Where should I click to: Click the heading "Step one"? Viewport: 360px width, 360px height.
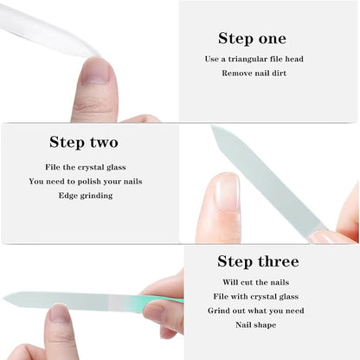252,38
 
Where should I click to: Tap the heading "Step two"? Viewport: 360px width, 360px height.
84,142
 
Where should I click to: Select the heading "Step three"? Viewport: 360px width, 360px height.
258,261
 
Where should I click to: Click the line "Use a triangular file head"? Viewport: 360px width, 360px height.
254,59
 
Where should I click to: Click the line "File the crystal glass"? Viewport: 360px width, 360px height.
85,166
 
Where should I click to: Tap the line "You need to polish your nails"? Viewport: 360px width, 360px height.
85,181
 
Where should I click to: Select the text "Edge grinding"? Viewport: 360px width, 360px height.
85,196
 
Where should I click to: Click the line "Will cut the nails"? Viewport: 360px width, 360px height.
257,282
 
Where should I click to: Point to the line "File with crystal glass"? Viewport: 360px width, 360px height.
257,297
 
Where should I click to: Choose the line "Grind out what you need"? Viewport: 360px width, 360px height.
257,311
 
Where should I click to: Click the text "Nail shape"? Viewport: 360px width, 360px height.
257,325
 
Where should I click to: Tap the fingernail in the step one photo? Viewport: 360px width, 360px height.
94,71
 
